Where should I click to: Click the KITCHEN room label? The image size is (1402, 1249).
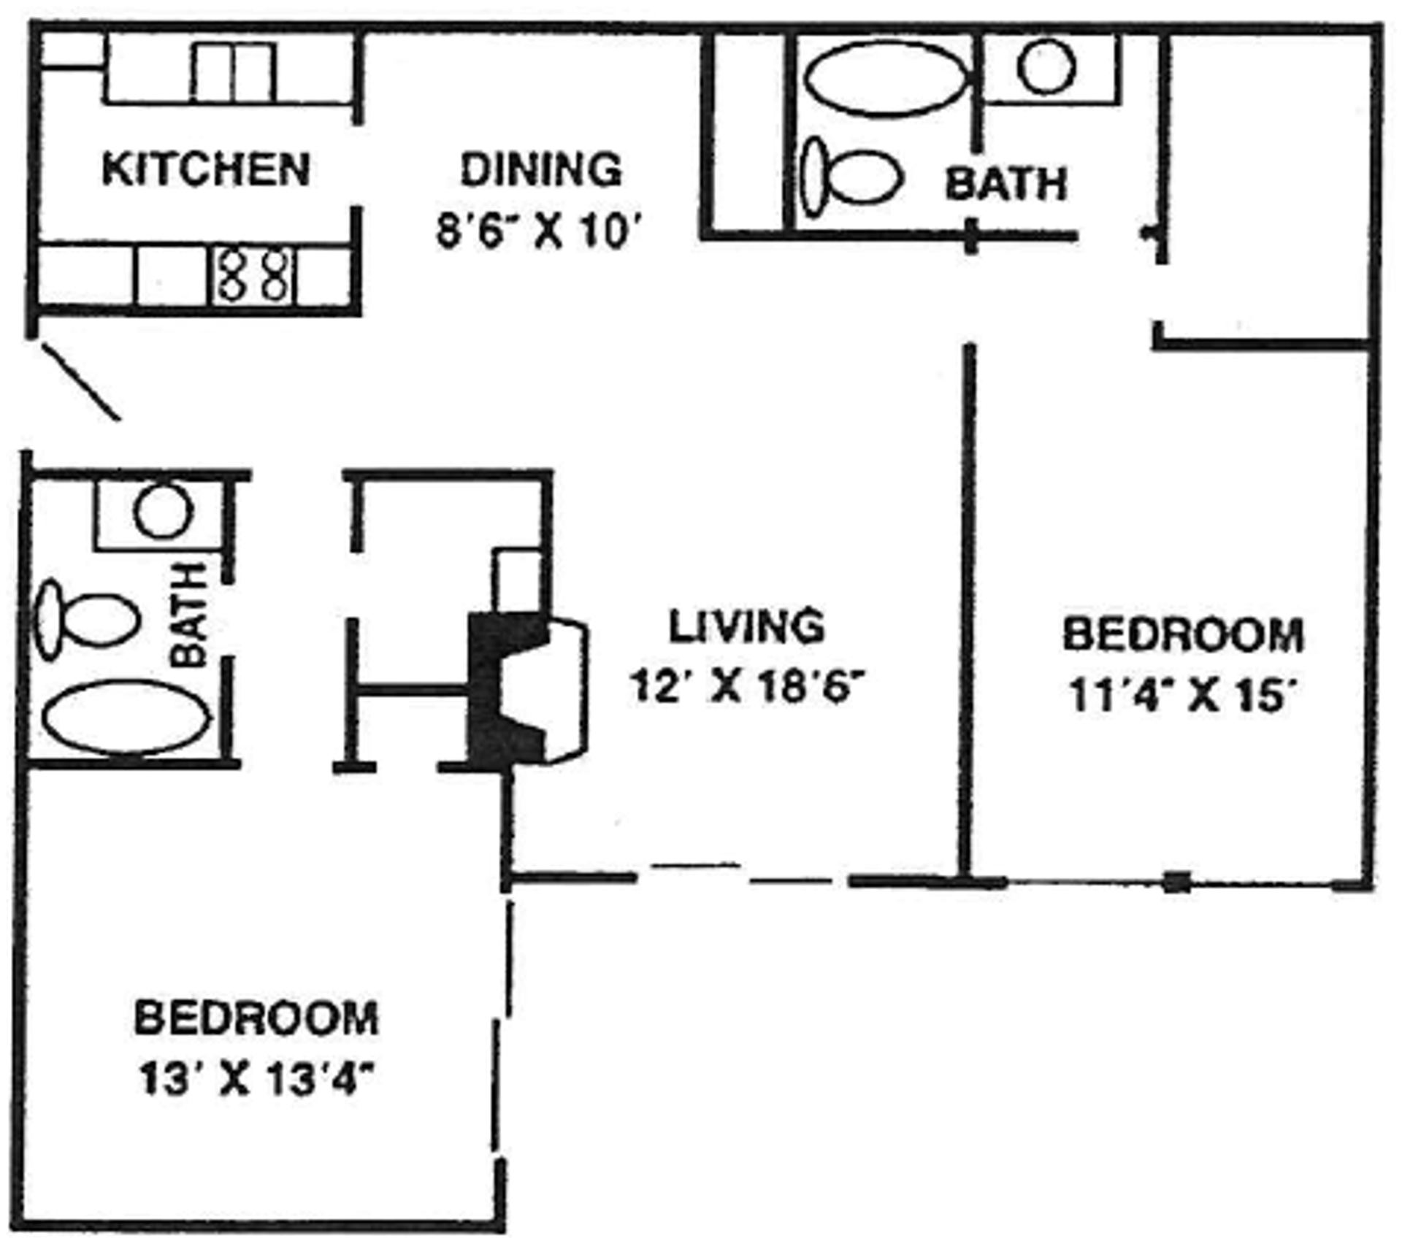206,169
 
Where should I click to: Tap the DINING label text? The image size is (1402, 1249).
540,169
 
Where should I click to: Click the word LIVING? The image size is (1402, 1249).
746,626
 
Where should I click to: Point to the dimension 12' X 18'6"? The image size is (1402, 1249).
746,686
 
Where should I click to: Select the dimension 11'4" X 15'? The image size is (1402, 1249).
1182,696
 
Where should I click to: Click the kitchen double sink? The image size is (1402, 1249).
234,72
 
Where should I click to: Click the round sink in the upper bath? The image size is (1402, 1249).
1046,66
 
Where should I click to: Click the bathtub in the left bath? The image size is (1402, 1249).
126,716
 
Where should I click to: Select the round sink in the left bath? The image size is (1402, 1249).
164,511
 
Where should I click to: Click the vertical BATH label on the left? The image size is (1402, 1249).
191,615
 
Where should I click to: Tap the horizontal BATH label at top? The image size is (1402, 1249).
1005,183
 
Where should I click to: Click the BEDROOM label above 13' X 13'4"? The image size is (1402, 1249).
257,1018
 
